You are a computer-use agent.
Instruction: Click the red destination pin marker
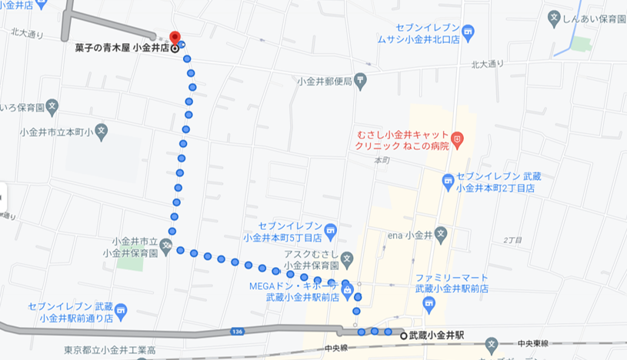[x=174, y=38]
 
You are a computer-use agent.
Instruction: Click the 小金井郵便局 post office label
[x=324, y=81]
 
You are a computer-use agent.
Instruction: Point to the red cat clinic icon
[x=458, y=138]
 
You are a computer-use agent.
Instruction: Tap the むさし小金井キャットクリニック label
[x=400, y=139]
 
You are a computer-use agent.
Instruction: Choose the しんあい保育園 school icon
[x=554, y=16]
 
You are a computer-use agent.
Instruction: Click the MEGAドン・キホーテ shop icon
[x=347, y=291]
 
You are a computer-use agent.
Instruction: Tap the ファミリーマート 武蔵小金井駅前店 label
[x=452, y=282]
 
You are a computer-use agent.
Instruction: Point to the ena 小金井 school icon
[x=441, y=235]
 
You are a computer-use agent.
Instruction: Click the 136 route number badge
[x=237, y=332]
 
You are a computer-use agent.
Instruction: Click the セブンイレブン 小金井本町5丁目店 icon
[x=330, y=229]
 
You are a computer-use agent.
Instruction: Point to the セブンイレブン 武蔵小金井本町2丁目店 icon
[x=449, y=182]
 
